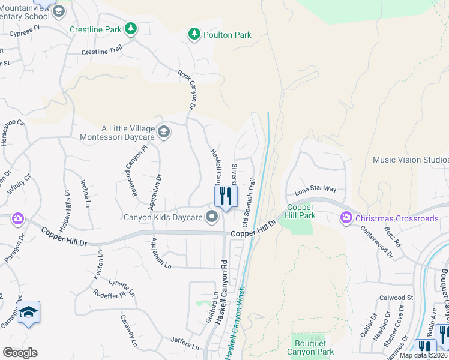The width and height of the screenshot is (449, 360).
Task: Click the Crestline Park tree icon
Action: [130, 28]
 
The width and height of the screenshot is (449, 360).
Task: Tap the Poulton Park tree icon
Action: [194, 35]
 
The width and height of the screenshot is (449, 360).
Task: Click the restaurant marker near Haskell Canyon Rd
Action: [226, 196]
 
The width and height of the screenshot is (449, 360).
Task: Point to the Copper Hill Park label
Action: [300, 211]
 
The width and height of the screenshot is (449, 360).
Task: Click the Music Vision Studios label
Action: [411, 160]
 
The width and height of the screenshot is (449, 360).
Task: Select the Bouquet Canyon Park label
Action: [310, 347]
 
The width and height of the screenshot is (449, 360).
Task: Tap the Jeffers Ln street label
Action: [184, 344]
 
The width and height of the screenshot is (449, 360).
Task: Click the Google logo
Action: [20, 353]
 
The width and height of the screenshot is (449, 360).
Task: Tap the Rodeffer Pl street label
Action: [109, 294]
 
